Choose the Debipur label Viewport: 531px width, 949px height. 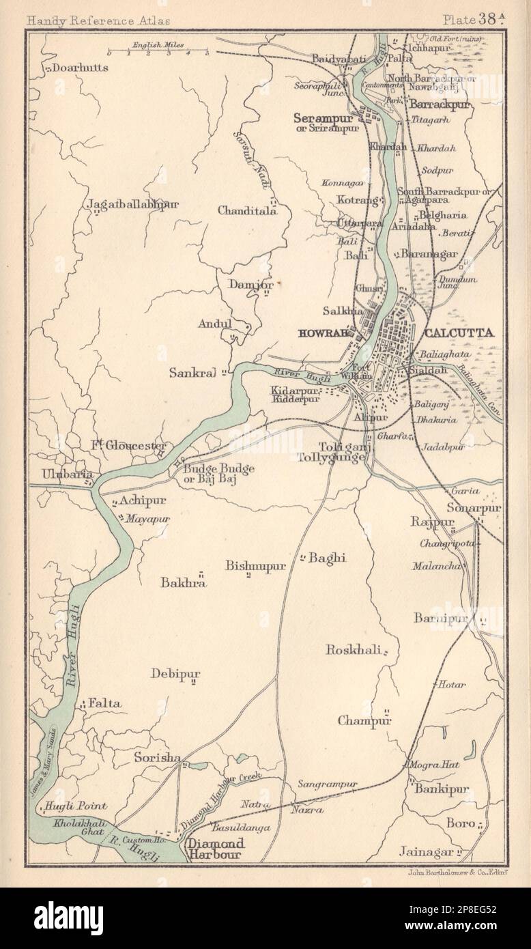click(176, 675)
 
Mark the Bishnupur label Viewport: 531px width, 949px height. click(255, 565)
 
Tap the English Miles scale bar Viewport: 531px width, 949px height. click(158, 50)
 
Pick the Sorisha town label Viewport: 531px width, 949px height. click(157, 758)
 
